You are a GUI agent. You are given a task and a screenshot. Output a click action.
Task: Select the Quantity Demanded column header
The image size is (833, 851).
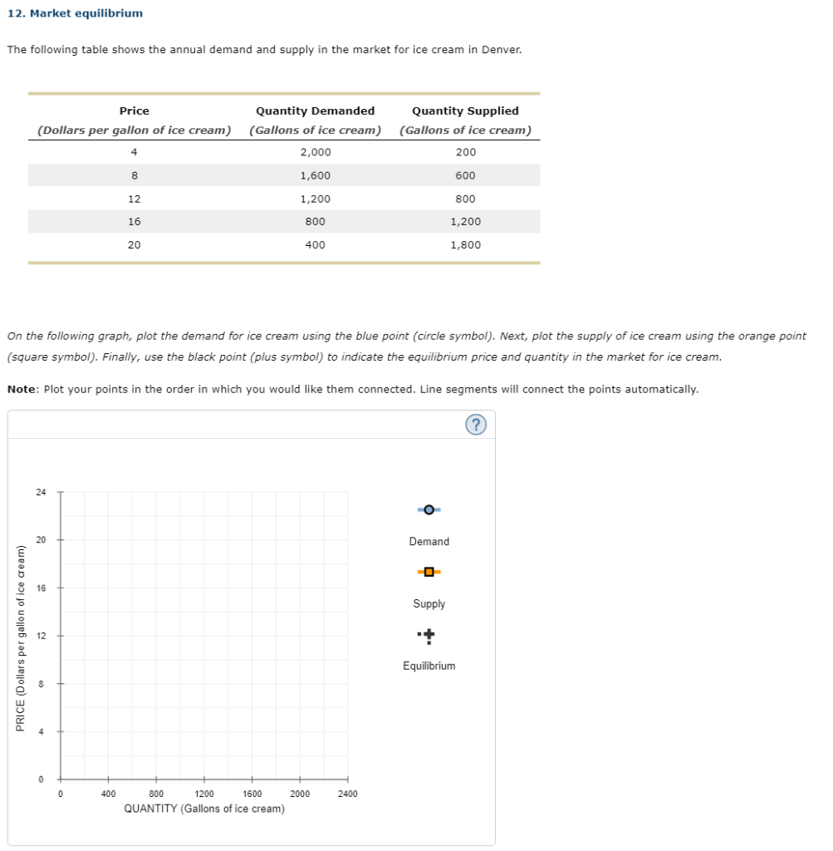[x=315, y=111]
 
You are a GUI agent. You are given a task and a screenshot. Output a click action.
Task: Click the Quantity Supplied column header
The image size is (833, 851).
[x=465, y=111]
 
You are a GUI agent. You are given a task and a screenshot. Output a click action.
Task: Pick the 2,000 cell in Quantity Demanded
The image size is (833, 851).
[x=315, y=152]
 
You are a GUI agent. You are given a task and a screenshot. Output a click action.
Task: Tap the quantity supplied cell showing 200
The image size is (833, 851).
[x=466, y=152]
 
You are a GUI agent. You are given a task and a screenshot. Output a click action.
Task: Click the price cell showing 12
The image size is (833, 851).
[x=134, y=199]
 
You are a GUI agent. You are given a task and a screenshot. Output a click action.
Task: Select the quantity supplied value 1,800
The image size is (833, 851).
[x=465, y=245]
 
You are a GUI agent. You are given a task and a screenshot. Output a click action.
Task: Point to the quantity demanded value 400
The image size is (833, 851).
[x=315, y=245]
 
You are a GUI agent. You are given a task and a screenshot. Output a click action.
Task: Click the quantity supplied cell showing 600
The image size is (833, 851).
[x=466, y=175]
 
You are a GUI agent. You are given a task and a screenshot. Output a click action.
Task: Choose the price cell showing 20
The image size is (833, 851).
[x=134, y=245]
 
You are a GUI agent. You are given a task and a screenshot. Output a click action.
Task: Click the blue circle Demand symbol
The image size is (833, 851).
[x=429, y=509]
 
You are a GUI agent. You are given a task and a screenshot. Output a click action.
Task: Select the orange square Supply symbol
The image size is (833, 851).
[x=429, y=572]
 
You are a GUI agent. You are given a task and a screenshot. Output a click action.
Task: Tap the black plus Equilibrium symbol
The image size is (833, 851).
[x=429, y=636]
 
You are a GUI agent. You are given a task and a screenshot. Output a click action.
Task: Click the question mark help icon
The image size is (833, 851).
[x=476, y=425]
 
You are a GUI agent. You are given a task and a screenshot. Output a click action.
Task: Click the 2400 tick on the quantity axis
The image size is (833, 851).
[x=348, y=794]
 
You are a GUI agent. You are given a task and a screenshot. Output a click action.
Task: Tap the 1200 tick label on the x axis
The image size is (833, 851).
[x=203, y=794]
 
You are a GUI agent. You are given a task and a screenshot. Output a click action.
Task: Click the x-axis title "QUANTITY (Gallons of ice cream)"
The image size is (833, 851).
[x=204, y=809]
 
